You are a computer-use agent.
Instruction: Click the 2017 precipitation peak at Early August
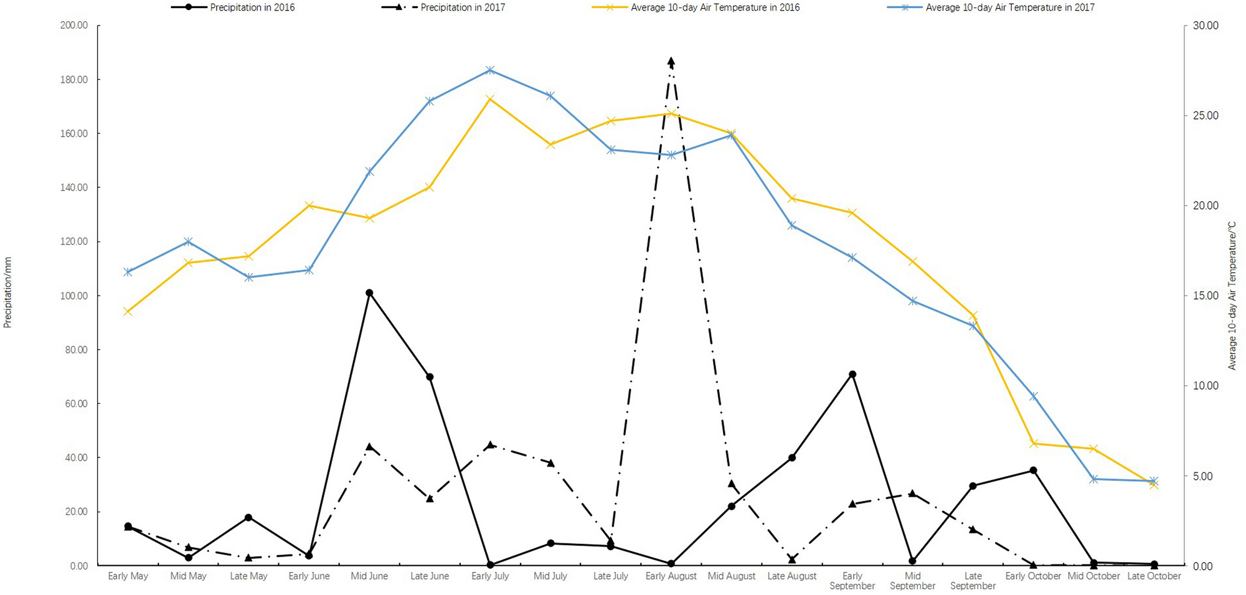[x=671, y=61]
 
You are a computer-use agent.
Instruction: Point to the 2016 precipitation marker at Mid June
[x=369, y=293]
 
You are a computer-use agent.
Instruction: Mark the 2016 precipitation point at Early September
[x=852, y=374]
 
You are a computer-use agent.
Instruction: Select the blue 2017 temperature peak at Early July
[x=490, y=70]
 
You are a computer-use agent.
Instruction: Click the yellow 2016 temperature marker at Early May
[x=128, y=311]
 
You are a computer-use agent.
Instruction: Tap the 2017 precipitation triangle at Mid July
[x=550, y=462]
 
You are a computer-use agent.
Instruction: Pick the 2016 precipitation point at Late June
[x=430, y=377]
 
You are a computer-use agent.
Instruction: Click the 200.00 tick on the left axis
[x=74, y=26]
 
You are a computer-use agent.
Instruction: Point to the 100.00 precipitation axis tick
[x=74, y=296]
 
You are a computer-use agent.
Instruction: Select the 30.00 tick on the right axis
[x=1206, y=26]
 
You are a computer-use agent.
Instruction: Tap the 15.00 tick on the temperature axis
[x=1206, y=296]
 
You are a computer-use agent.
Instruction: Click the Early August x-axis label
[x=671, y=576]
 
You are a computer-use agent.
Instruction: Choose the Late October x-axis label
[x=1154, y=576]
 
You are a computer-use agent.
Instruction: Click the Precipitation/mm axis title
[x=7, y=293]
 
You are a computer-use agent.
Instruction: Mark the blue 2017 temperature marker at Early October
[x=1033, y=396]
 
